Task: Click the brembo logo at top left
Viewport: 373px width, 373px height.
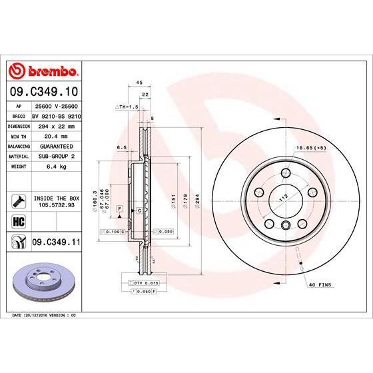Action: tap(43, 72)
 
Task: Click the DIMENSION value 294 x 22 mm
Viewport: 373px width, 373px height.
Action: tap(56, 125)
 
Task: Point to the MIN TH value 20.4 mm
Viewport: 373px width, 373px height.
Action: tap(56, 135)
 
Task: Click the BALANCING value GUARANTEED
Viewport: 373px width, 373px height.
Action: tap(56, 145)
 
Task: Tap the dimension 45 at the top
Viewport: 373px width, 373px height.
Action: tap(139, 83)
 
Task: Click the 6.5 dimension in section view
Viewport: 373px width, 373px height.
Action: tap(122, 148)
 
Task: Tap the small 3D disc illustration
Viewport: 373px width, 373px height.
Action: tap(44, 280)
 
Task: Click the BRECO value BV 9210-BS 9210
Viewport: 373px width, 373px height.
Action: tap(56, 115)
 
